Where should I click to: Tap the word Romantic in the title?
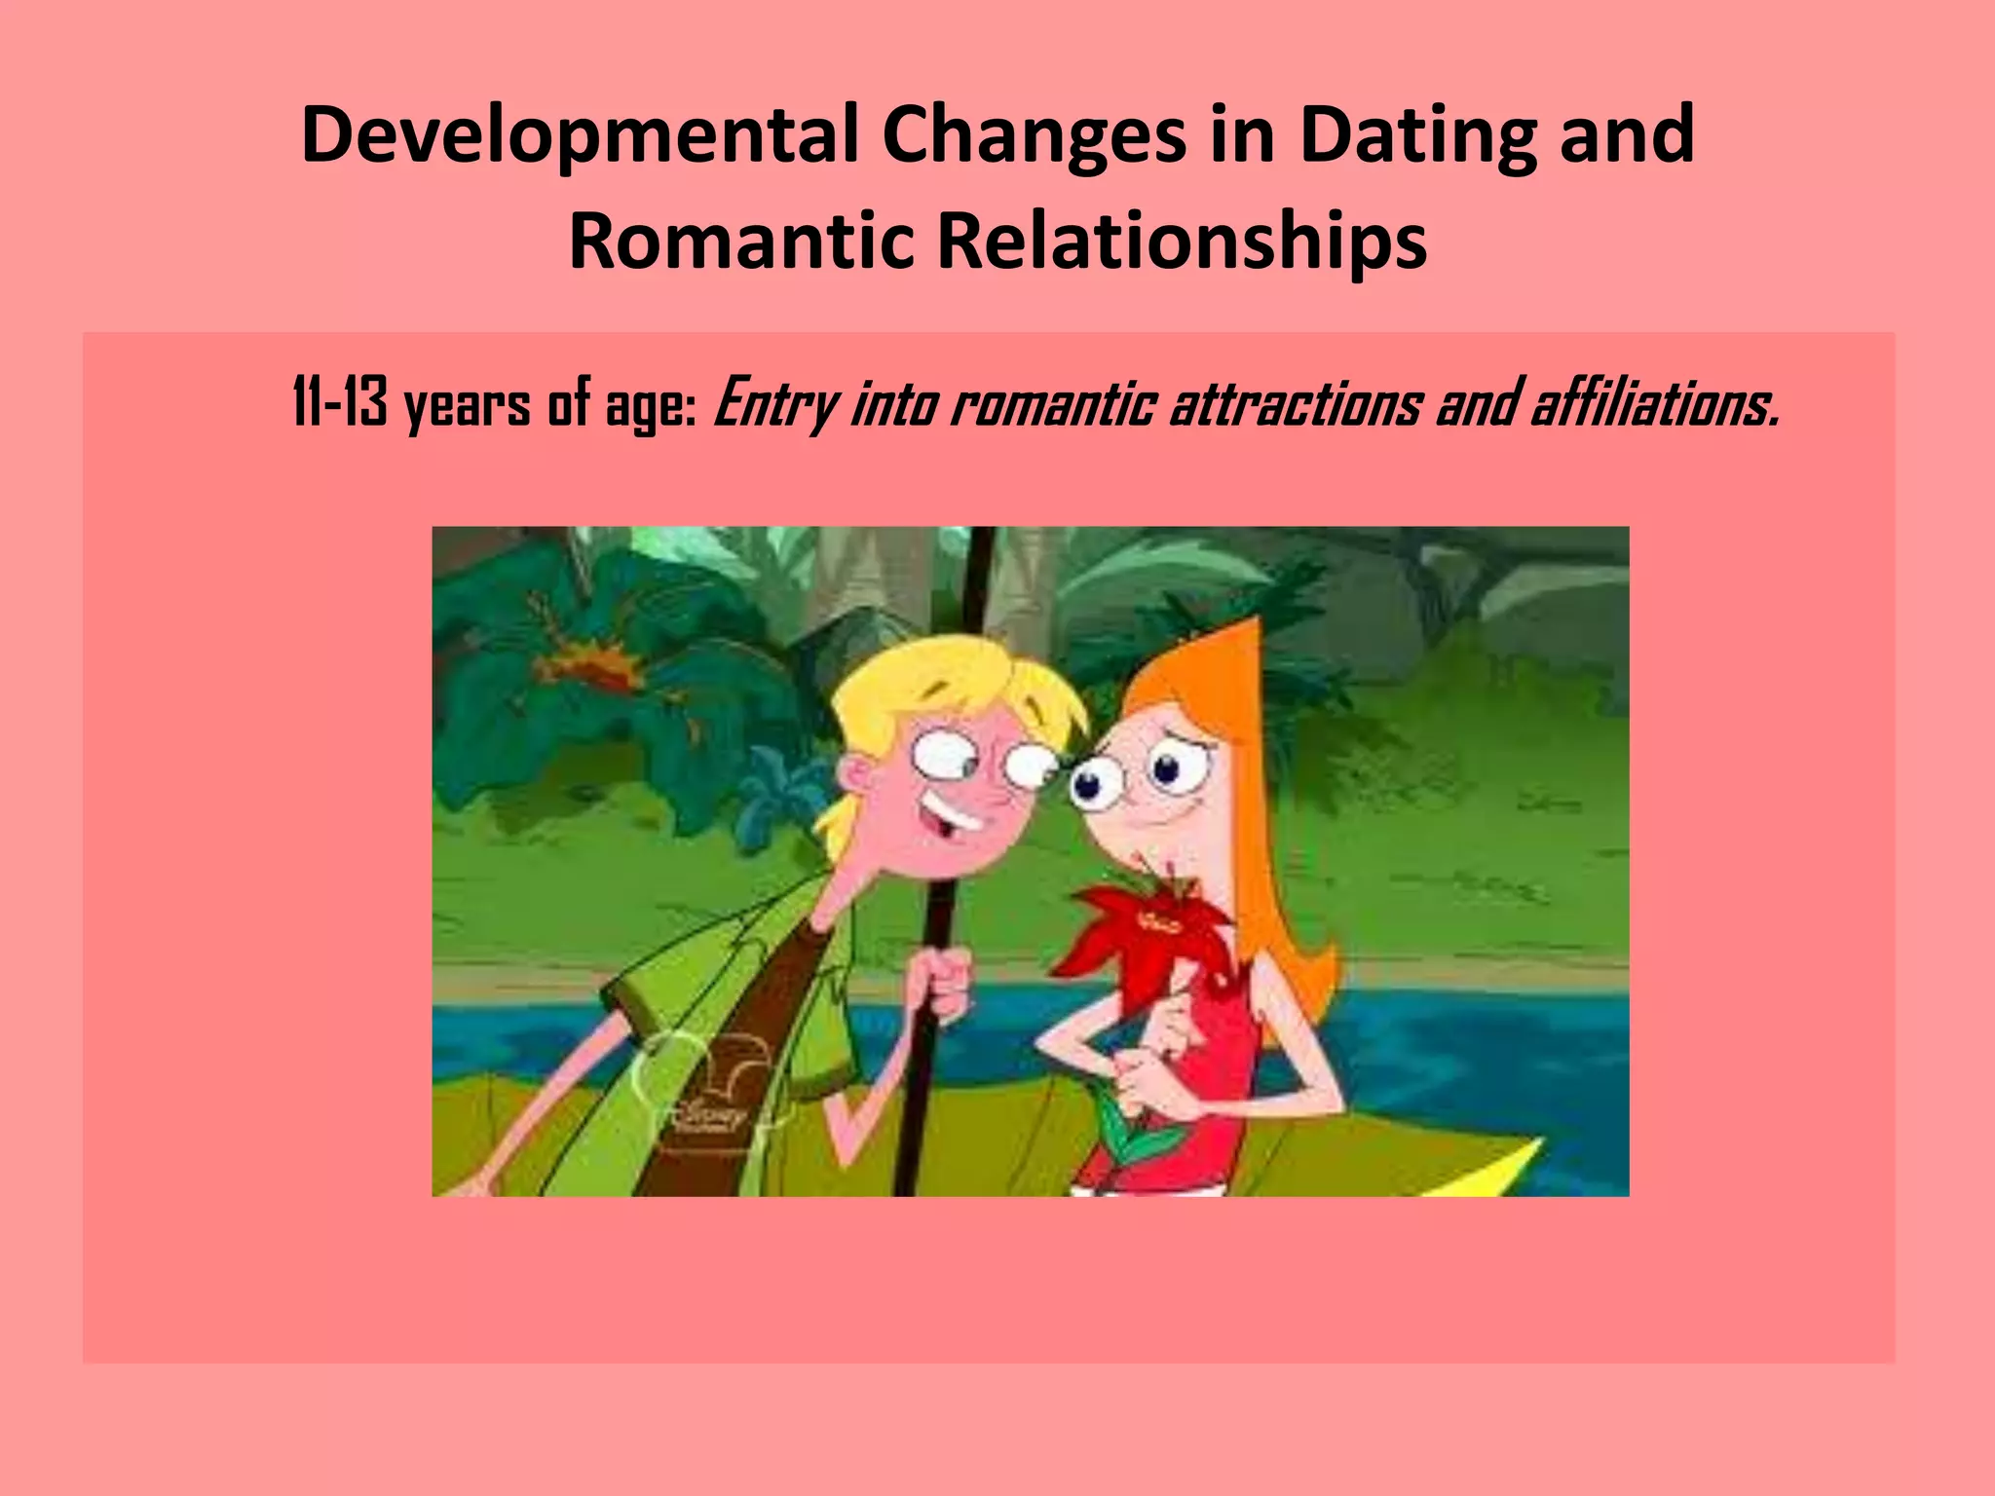740,242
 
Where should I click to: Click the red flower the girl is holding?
1149,925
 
